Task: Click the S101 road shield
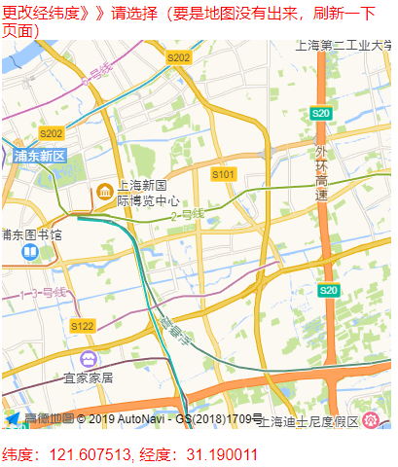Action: coord(224,174)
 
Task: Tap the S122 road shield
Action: coord(83,326)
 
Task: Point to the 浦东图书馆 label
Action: coord(31,234)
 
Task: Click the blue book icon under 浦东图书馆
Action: coord(31,252)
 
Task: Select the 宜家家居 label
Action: coord(89,377)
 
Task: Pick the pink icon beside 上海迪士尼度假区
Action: coord(371,420)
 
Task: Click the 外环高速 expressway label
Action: coord(322,174)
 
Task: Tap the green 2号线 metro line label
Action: coord(187,214)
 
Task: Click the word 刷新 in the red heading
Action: coord(329,13)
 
